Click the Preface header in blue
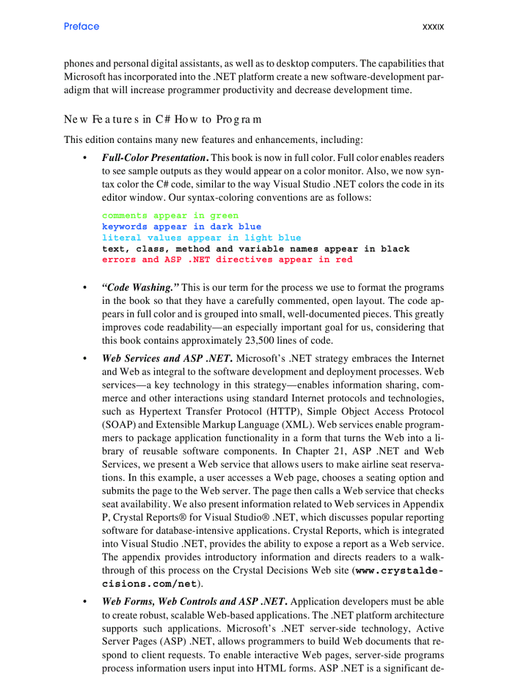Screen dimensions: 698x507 [x=81, y=26]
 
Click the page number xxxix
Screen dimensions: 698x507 [x=432, y=27]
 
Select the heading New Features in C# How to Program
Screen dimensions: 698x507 [x=162, y=119]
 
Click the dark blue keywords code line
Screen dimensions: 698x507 [x=181, y=227]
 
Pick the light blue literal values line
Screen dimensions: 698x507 [x=201, y=238]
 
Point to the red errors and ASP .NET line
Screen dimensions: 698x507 [x=227, y=260]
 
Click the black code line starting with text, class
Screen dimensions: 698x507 [x=255, y=249]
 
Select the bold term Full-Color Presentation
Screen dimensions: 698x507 [x=155, y=158]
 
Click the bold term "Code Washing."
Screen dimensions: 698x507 [x=140, y=288]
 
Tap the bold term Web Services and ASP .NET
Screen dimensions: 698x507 [x=168, y=359]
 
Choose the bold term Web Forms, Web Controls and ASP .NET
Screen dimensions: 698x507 [x=194, y=602]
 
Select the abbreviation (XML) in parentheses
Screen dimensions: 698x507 [x=298, y=425]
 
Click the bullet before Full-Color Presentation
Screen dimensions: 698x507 [x=84, y=158]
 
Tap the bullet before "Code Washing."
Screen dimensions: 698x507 [x=84, y=288]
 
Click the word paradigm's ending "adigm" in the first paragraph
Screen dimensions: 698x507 [x=76, y=90]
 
